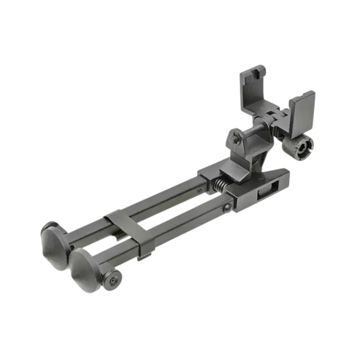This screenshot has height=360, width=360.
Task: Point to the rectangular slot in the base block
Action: click(x=265, y=192)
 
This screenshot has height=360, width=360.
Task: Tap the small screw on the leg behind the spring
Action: click(x=200, y=190)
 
